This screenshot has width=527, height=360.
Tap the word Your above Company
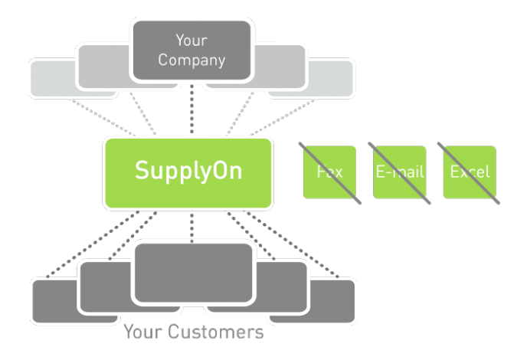tap(191, 40)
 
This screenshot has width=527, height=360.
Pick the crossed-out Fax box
tap(329, 172)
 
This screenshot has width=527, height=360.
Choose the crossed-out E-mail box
tap(399, 172)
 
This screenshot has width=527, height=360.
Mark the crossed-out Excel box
tap(469, 172)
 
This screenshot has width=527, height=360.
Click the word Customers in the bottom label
tap(216, 332)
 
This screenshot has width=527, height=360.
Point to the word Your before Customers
tap(143, 332)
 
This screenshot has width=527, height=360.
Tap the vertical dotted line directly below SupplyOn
tap(191, 226)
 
